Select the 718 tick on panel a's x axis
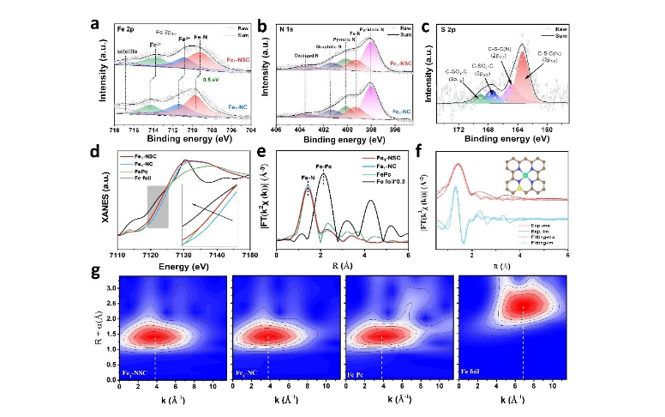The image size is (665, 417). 116,129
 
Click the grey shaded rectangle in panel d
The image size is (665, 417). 158,207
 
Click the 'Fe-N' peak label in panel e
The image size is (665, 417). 307,178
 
